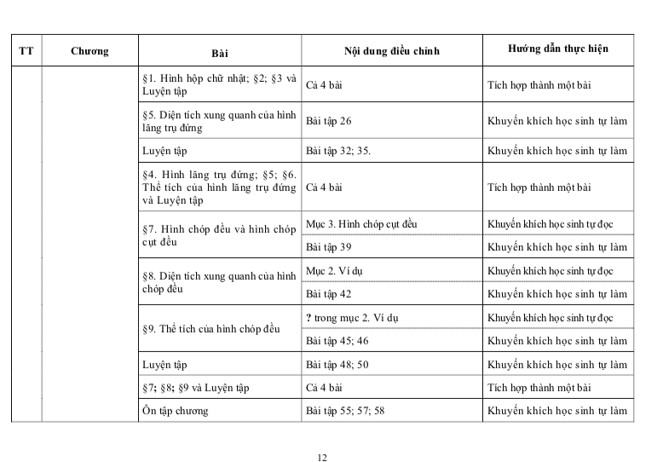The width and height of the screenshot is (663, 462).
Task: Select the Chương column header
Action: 89,51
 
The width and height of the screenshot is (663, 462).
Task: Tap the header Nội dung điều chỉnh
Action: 391,51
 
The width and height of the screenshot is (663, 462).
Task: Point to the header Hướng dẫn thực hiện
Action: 557,49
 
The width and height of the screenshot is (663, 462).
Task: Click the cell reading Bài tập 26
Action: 329,121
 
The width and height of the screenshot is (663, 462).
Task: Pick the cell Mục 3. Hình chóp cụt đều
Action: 361,224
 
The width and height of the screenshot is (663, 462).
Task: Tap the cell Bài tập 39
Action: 329,247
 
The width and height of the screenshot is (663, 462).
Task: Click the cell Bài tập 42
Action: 329,293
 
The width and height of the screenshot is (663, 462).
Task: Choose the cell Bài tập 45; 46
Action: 337,341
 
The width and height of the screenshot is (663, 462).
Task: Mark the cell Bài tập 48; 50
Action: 337,364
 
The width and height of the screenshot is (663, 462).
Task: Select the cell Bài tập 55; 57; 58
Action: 345,411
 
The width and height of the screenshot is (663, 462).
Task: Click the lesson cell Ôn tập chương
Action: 176,411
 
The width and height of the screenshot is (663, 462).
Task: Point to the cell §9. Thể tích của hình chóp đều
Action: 211,329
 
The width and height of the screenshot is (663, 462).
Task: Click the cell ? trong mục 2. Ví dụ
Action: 352,318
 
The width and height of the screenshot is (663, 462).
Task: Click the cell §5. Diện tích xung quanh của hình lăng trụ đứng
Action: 219,121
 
